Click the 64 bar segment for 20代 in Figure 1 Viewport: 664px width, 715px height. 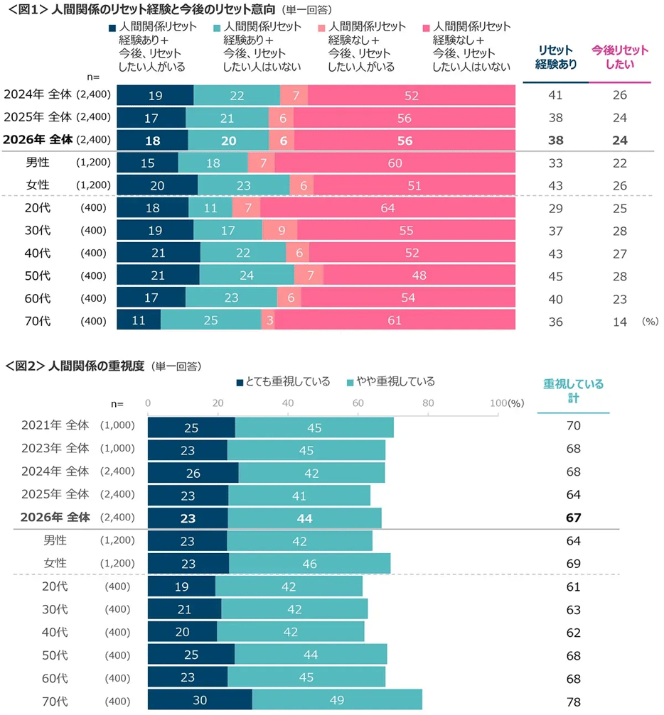tap(387, 208)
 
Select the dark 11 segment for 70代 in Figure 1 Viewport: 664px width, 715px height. tap(139, 321)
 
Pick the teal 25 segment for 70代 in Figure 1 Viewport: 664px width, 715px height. tap(211, 321)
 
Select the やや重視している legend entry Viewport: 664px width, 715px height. tap(390, 382)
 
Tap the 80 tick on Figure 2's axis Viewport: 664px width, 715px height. tap(429, 403)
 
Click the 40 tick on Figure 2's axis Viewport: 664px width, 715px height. tap(289, 403)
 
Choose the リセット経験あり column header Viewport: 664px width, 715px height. tap(556, 58)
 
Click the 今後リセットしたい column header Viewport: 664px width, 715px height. tap(620, 58)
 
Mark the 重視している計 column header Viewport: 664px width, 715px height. tap(573, 391)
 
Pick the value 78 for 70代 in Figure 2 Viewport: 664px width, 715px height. tap(574, 702)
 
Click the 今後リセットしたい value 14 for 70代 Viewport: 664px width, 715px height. tap(620, 322)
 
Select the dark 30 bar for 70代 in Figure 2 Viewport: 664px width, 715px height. tap(200, 701)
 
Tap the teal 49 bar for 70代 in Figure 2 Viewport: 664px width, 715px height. tap(337, 701)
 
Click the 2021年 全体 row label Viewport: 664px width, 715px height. tap(55, 425)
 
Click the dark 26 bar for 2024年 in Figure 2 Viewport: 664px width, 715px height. tap(193, 472)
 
